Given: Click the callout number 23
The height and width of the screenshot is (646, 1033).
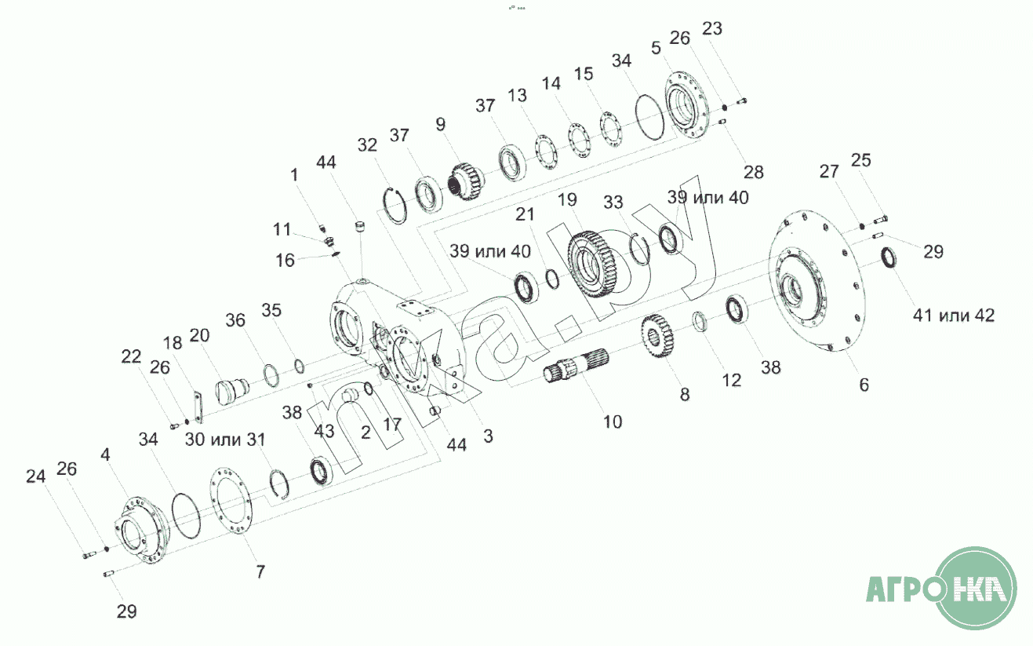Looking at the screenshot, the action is click(x=712, y=28).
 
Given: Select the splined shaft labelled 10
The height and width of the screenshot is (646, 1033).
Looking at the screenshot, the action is click(x=576, y=366).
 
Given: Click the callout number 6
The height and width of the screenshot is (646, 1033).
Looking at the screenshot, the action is click(x=864, y=385).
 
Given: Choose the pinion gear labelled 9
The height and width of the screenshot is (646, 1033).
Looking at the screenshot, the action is click(x=467, y=181).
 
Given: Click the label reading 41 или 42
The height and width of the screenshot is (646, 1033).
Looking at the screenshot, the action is click(x=954, y=316).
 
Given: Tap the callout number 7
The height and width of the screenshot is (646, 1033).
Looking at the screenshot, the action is click(x=260, y=571).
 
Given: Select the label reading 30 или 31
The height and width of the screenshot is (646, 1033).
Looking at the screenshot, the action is click(x=225, y=440).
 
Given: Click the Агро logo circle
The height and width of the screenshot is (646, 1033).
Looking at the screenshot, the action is click(x=977, y=588).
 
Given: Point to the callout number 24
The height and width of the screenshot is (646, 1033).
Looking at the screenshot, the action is click(x=36, y=476).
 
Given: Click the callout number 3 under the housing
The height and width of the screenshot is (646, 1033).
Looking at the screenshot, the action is click(x=488, y=436).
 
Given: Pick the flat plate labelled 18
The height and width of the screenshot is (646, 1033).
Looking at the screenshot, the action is click(x=198, y=407).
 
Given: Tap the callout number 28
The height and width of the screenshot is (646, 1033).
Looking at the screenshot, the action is click(x=754, y=172).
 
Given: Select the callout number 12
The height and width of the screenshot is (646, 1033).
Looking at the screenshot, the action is click(x=731, y=380).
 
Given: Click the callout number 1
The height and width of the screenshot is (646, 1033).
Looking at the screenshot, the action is click(x=294, y=175).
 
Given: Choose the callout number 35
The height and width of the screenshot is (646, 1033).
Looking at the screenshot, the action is click(x=271, y=310).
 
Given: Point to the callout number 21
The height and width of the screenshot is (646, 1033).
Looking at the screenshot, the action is click(x=525, y=214).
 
